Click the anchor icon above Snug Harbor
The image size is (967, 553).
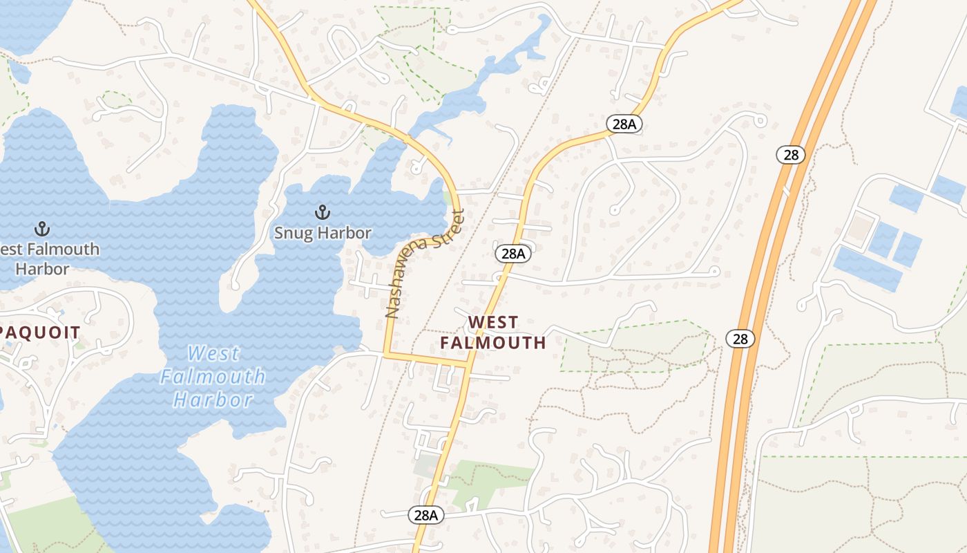[321, 212]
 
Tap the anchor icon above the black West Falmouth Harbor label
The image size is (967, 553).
[43, 228]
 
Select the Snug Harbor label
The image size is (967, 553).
[323, 233]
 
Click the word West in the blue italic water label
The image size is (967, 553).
[213, 354]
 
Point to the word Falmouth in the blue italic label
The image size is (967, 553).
[213, 377]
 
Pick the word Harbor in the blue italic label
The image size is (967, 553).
[213, 400]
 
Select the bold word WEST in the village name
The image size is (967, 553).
[493, 322]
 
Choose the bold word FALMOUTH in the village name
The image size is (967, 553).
[493, 342]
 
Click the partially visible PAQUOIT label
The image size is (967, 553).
[40, 332]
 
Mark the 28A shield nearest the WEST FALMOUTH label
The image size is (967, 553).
[513, 254]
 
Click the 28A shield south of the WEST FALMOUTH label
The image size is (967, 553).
[425, 515]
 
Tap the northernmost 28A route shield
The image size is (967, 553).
[624, 124]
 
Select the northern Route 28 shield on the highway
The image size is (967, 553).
[791, 155]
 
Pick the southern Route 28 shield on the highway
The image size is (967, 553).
[740, 339]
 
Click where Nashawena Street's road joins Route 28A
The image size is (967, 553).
[470, 362]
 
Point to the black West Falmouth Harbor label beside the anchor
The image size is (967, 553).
[50, 259]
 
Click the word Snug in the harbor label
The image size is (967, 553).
[291, 233]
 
